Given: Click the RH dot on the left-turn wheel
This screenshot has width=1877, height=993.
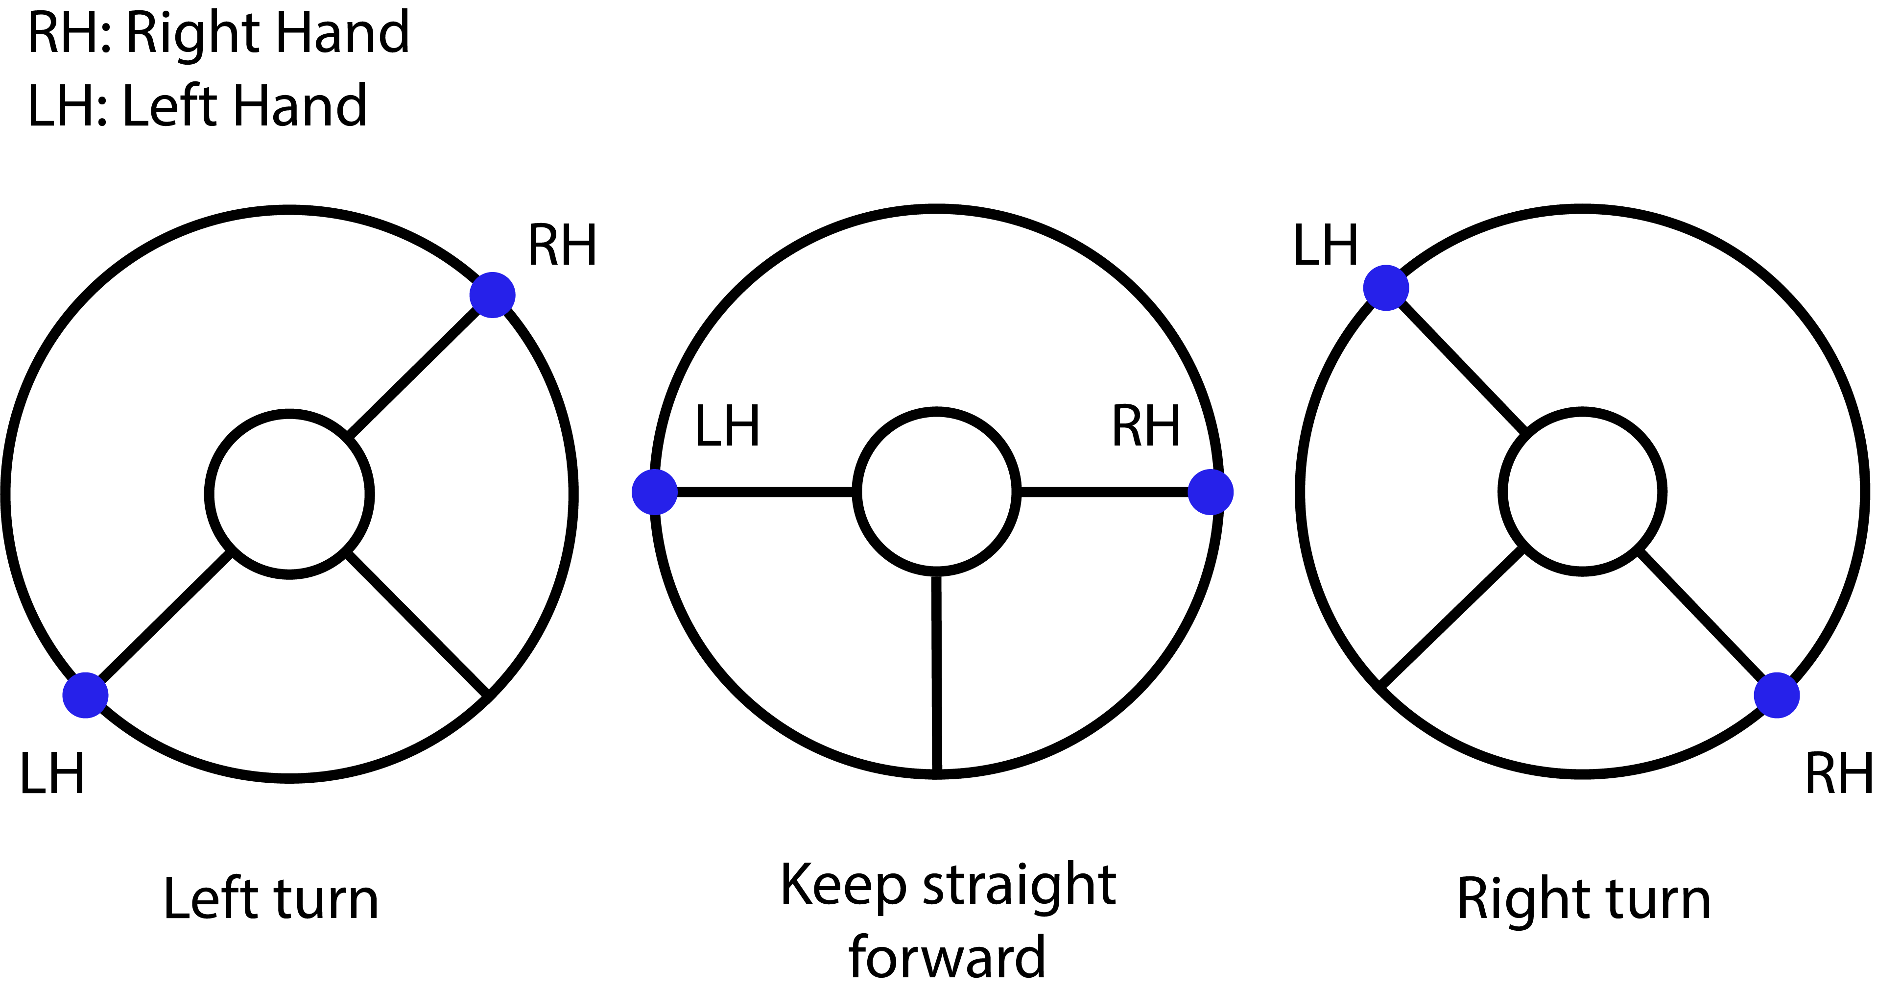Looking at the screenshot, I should (x=493, y=295).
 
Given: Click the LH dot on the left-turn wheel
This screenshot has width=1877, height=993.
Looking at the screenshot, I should (x=85, y=695).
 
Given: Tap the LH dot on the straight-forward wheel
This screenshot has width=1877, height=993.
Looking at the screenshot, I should (x=654, y=492).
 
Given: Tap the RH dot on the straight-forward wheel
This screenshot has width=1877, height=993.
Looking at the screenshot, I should (x=1211, y=492).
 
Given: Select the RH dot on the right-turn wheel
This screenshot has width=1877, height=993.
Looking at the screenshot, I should (x=1777, y=695).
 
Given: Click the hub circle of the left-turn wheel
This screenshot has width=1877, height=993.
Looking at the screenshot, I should (x=289, y=495).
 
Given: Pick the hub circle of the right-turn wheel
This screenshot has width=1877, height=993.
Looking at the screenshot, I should (x=1583, y=492).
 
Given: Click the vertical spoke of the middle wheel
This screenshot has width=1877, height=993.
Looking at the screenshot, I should (x=936, y=671).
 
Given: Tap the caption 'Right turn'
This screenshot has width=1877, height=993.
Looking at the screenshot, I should (x=1583, y=899).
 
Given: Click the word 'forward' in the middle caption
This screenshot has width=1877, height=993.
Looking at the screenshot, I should (x=947, y=957).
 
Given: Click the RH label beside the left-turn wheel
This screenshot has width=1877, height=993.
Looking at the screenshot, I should (x=562, y=247).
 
